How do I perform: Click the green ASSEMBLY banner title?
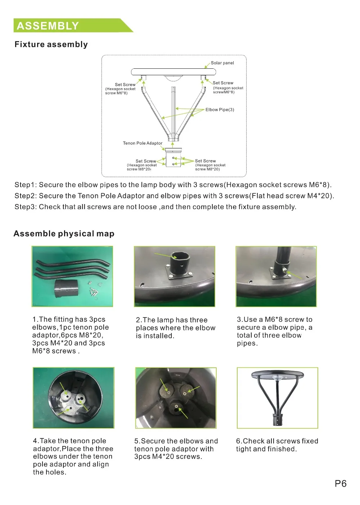[48, 26]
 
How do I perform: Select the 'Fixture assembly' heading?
[51, 44]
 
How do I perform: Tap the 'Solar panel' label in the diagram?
[222, 63]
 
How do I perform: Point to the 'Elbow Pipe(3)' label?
[220, 109]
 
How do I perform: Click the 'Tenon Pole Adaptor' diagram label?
[143, 143]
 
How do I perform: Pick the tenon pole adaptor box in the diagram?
[173, 158]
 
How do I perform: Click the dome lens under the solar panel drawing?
[173, 78]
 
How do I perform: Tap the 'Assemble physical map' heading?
[64, 234]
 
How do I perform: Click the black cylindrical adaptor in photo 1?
[66, 289]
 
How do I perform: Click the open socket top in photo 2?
[177, 256]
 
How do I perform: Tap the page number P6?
[341, 483]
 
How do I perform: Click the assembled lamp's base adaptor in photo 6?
[277, 419]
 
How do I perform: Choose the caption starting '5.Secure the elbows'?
[176, 448]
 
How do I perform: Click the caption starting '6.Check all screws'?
[277, 445]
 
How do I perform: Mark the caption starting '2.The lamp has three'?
[176, 328]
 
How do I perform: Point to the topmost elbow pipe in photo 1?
[73, 262]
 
